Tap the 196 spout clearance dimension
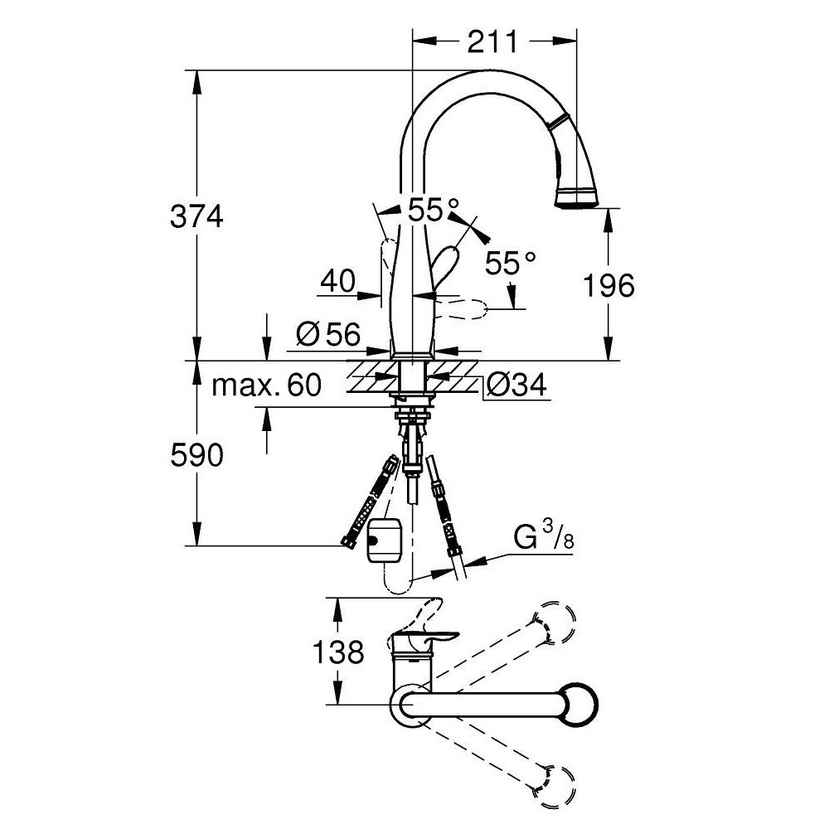tap(608, 285)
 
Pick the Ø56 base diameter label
tap(327, 335)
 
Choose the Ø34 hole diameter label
tap(516, 385)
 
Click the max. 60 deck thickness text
tap(265, 386)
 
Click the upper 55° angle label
tap(433, 211)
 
